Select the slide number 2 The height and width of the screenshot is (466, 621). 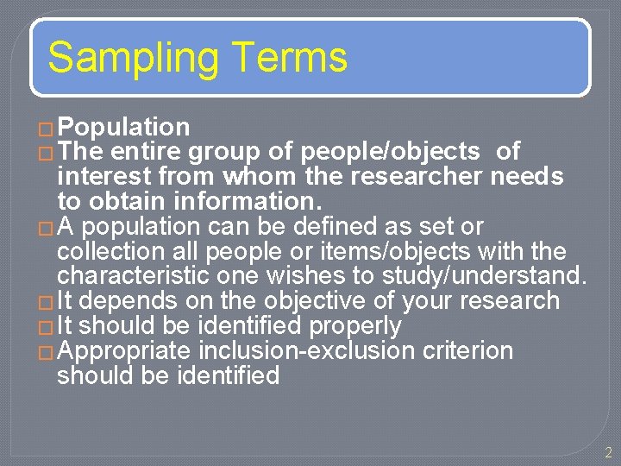[x=607, y=452]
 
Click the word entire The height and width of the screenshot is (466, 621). [x=147, y=152]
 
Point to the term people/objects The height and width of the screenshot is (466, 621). [x=390, y=152]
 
